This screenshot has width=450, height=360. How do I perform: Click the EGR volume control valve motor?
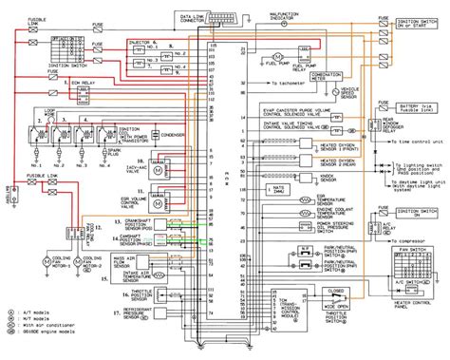tap(161, 202)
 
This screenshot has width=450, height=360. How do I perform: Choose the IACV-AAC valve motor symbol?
tap(161, 172)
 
